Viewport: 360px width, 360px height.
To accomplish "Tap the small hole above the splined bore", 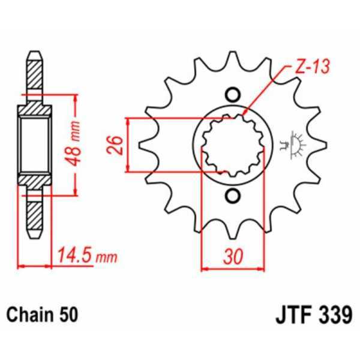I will pyautogui.click(x=233, y=94).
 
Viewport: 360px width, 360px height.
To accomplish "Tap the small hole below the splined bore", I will pyautogui.click(x=233, y=195).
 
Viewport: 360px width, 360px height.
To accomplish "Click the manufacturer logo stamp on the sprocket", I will pyautogui.click(x=295, y=144).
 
